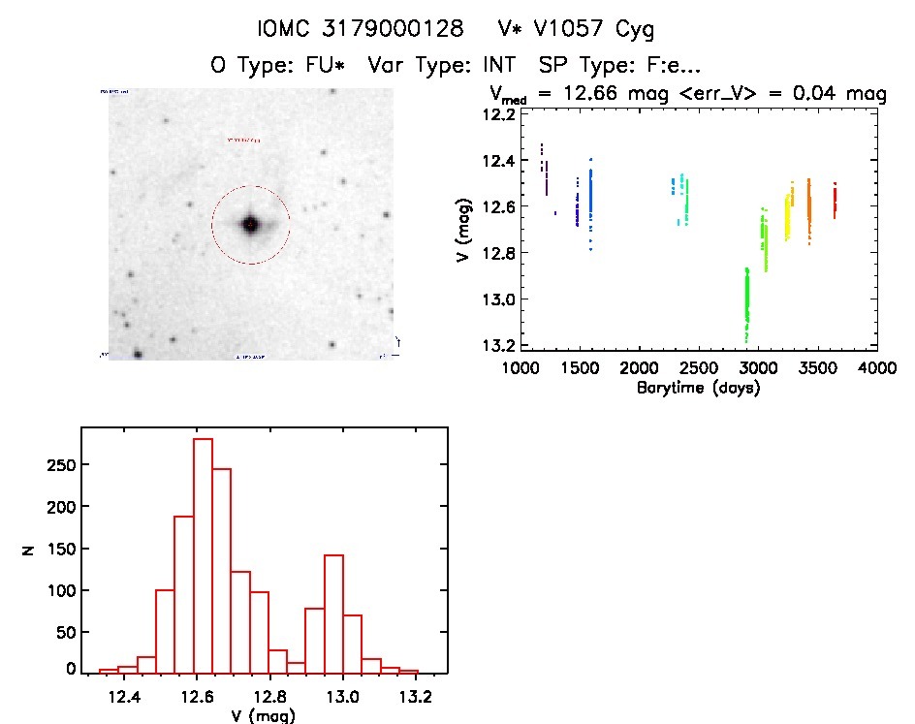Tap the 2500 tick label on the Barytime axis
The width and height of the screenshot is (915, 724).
pos(698,369)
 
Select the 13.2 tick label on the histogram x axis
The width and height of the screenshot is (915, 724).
pos(416,697)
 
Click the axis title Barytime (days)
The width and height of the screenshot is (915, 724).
pos(698,388)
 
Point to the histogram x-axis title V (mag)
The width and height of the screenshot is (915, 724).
pos(257,715)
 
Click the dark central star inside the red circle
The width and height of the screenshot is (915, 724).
pos(250,224)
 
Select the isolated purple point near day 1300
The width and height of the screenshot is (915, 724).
pos(555,213)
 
